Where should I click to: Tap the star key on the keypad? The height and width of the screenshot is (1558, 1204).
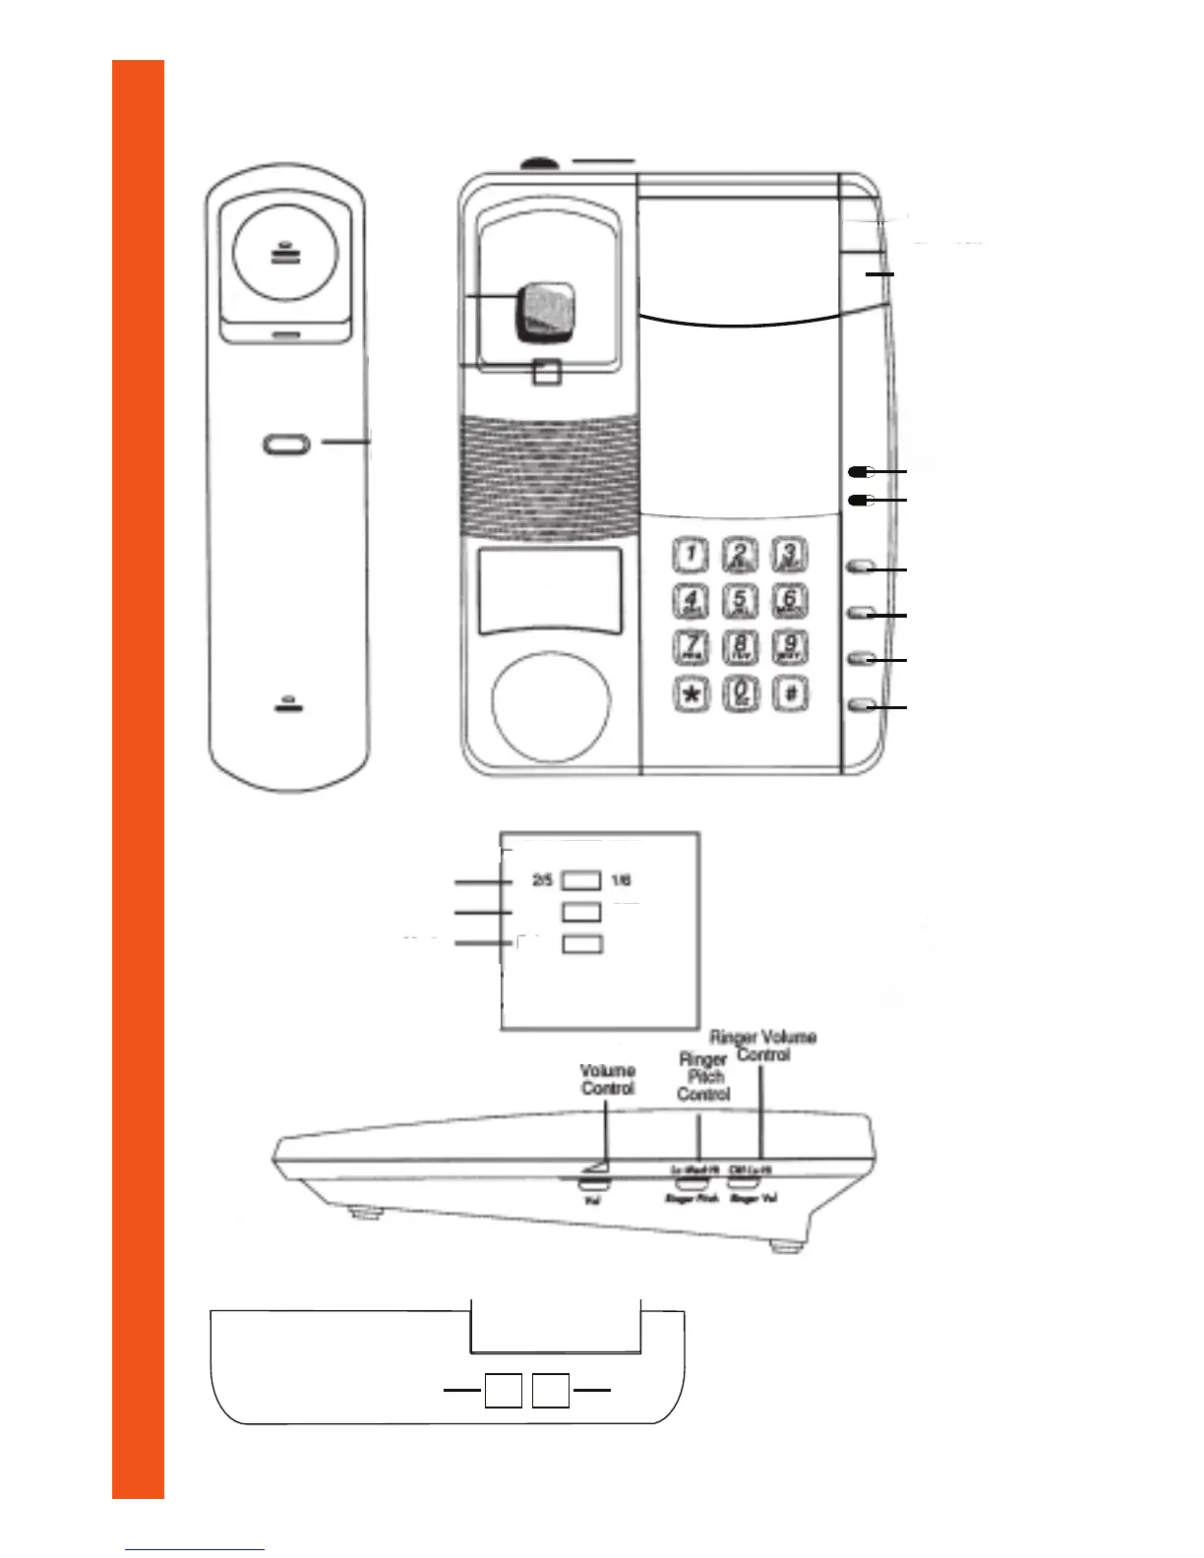click(692, 693)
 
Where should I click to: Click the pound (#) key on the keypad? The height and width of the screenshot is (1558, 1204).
click(790, 693)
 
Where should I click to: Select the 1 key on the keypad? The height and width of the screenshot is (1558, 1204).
click(692, 555)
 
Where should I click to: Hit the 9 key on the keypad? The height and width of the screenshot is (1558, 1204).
click(789, 646)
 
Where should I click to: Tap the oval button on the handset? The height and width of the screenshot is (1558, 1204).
click(286, 445)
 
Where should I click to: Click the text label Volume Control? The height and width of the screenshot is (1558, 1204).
click(608, 1079)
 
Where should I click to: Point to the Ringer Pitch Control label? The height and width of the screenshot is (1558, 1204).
click(703, 1076)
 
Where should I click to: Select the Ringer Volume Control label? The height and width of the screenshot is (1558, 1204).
click(763, 1046)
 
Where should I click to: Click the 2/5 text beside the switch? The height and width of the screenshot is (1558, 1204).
click(542, 880)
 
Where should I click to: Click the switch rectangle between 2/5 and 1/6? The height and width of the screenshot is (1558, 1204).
click(581, 879)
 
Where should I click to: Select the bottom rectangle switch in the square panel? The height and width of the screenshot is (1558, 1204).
click(581, 944)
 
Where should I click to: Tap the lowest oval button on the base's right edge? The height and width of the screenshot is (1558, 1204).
click(862, 704)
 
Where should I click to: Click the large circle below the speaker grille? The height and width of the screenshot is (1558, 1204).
click(551, 706)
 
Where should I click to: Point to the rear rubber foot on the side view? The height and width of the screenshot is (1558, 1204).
click(784, 1246)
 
